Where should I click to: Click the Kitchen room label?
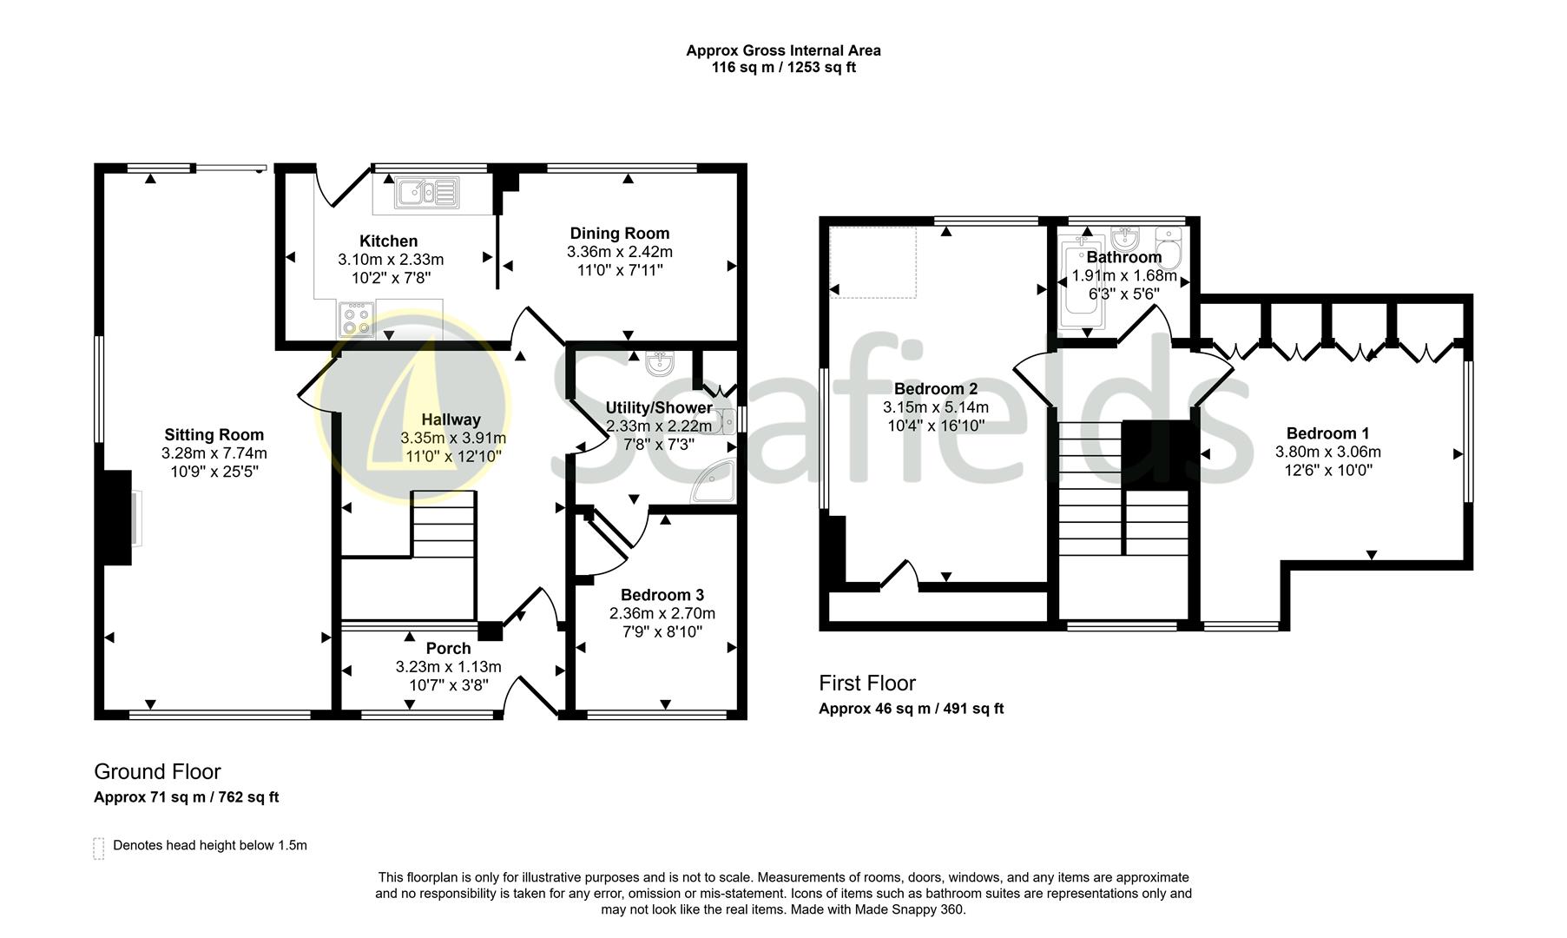[x=389, y=241]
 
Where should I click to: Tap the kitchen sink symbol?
[x=426, y=192]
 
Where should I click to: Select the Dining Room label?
[x=619, y=233]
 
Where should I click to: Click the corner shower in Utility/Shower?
[x=715, y=482]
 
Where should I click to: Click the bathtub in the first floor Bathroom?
[x=1081, y=287]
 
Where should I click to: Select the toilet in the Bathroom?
[x=1170, y=248]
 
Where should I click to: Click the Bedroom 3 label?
[x=662, y=595]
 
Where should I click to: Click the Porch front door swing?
[x=531, y=695]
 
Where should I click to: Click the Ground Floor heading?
[x=157, y=771]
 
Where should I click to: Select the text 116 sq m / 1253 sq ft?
[x=783, y=67]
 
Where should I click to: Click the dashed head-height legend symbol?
[x=99, y=848]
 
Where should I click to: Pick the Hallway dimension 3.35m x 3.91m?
[x=452, y=438]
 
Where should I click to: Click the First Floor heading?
[x=866, y=683]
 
